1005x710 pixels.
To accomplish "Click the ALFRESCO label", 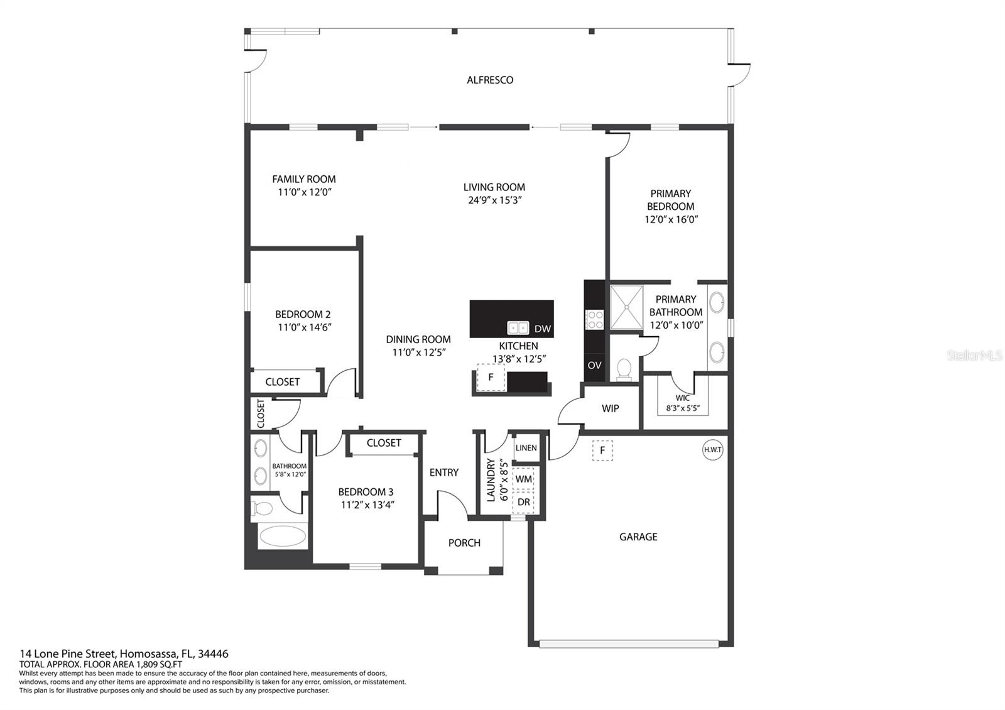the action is point(490,80).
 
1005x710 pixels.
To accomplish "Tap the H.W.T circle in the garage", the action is point(712,450).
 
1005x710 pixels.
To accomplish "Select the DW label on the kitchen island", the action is point(543,329).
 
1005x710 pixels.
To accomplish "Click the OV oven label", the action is point(594,365).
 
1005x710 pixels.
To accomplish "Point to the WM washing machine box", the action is point(523,479).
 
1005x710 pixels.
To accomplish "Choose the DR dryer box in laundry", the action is point(523,502).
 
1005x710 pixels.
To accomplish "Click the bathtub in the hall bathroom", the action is point(283,536).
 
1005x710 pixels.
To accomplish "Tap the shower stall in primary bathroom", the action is point(627,307).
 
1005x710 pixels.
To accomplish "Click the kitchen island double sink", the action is point(518,328).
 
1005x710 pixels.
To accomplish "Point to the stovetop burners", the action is point(595,320).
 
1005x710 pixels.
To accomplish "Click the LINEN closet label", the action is point(526,448).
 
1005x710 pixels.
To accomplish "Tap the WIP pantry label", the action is point(610,408).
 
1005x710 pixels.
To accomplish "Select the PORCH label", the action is point(464,543).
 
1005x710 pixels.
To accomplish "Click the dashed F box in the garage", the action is point(602,450).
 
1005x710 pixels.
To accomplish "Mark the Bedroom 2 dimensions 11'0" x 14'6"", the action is point(305,327).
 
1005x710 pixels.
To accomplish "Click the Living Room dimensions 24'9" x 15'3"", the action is point(494,200).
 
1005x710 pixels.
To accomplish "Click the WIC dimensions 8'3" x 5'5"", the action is point(683,408).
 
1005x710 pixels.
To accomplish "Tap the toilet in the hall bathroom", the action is point(263,508).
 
